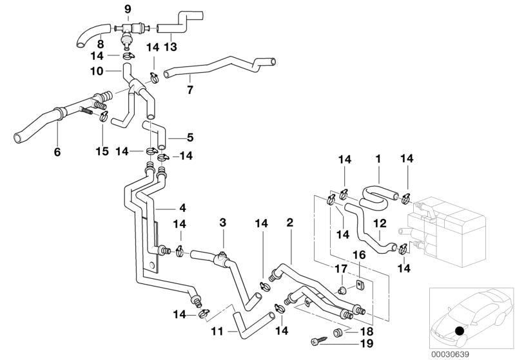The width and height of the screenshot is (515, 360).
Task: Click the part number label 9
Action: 127,8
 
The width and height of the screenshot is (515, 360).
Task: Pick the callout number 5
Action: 189,137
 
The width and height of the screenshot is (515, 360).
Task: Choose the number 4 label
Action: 182,208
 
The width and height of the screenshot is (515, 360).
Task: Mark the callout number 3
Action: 222,222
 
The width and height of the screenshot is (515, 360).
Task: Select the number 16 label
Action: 358,256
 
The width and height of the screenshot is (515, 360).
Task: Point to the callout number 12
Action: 380,223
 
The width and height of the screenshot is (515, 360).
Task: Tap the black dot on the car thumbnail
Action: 459,331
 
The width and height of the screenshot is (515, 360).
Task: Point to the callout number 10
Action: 96,71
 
